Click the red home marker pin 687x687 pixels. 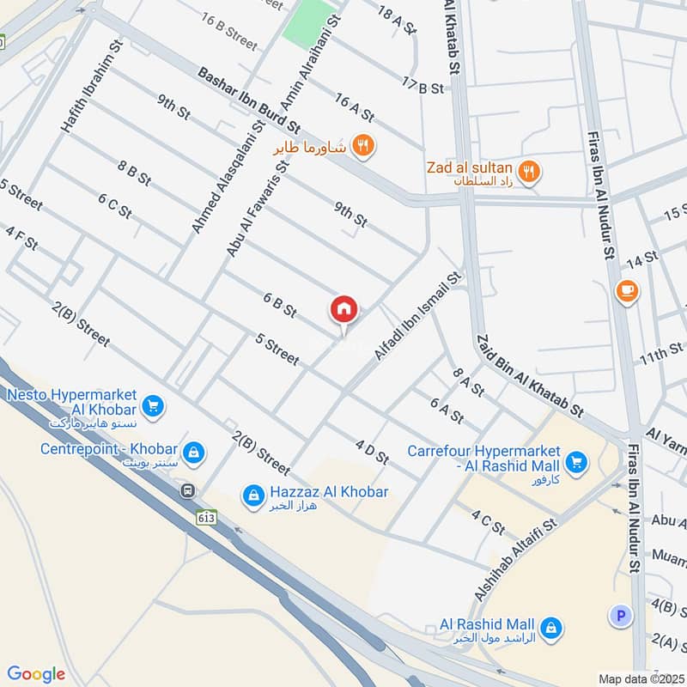click(x=344, y=309)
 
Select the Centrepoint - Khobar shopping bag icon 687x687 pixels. click(x=194, y=451)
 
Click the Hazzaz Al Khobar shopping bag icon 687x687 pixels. click(x=252, y=495)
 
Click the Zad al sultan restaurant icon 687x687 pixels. click(x=530, y=172)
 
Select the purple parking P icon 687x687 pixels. click(x=618, y=615)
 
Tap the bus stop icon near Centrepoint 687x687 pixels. click(x=187, y=490)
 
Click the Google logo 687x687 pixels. click(x=36, y=674)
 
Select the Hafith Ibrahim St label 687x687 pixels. click(x=92, y=85)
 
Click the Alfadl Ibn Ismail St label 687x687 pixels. click(x=418, y=315)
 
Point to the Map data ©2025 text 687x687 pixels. click(x=641, y=678)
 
